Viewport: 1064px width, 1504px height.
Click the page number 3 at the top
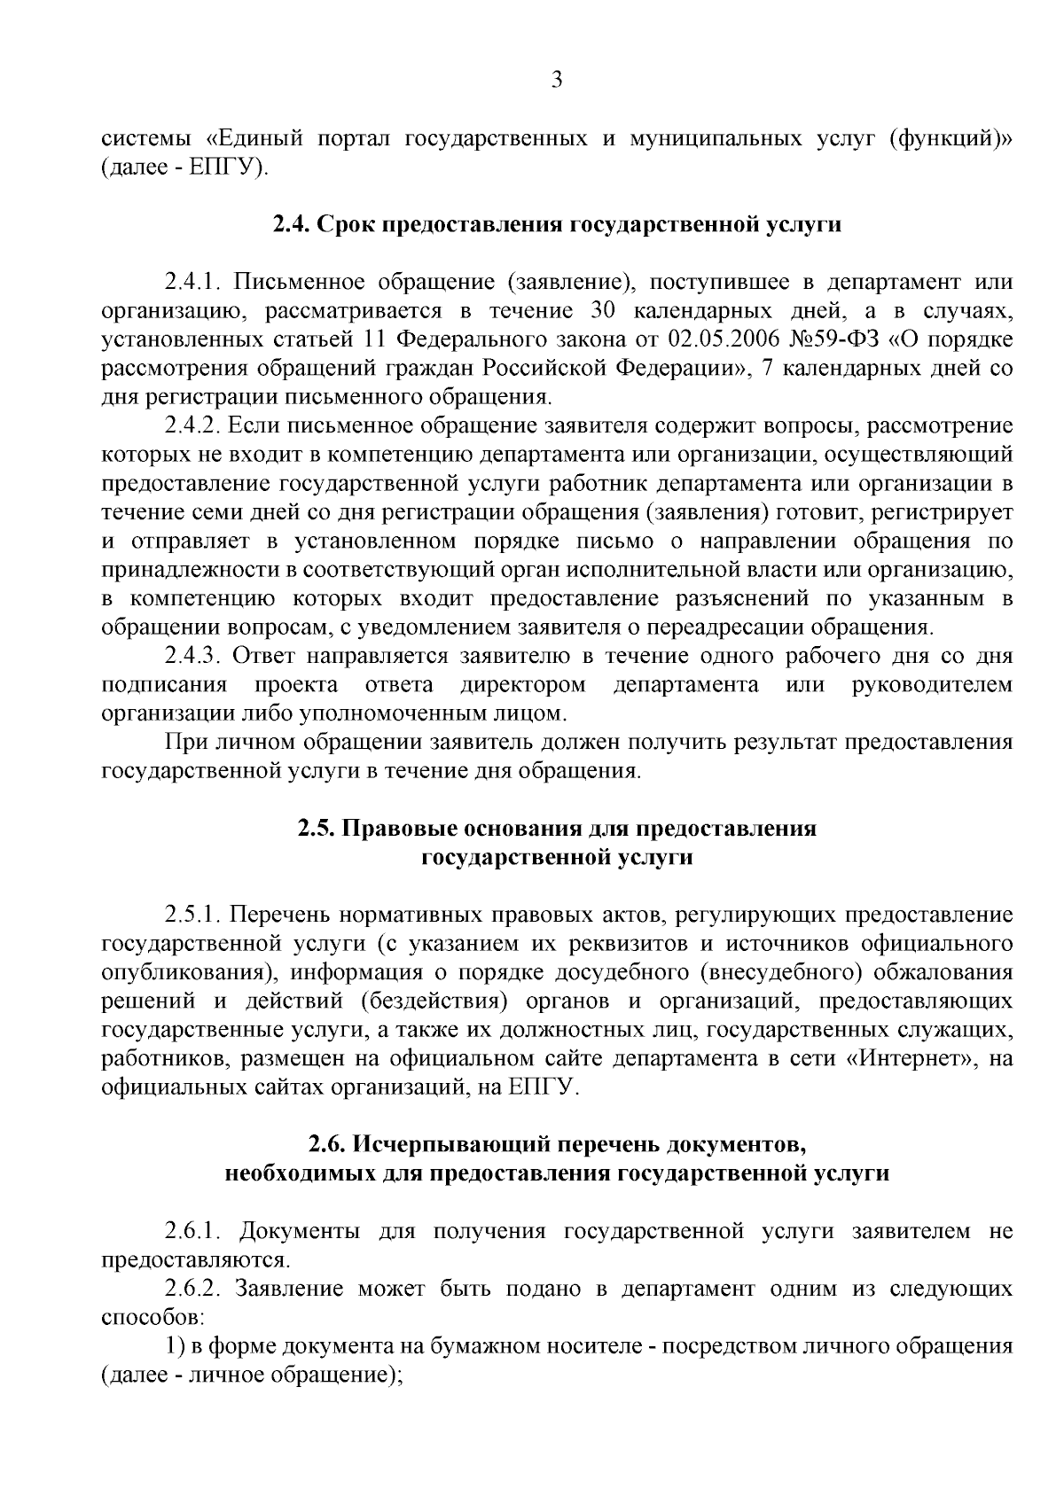(556, 81)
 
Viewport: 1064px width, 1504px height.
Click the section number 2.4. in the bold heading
(292, 225)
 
